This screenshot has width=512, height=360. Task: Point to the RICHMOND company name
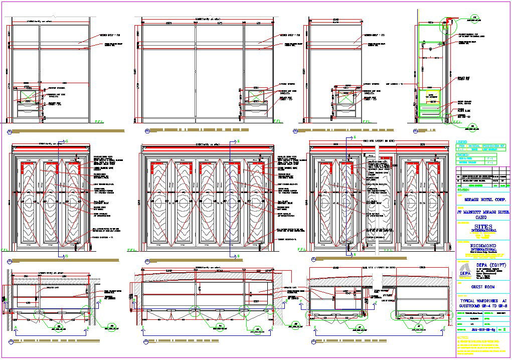483,245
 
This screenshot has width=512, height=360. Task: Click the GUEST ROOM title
483,287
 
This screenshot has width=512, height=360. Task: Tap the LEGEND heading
462,142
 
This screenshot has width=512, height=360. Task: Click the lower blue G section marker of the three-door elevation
67,256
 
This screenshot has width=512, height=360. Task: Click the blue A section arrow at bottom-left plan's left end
16,328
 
